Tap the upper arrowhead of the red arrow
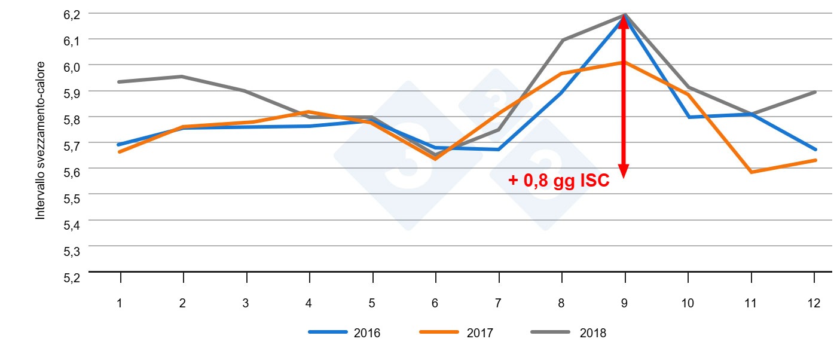[624, 22]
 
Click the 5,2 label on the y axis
[71, 277]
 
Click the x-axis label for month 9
[624, 303]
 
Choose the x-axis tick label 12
[813, 303]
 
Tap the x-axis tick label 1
[120, 303]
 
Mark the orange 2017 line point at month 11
[751, 172]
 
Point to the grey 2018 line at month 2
[182, 77]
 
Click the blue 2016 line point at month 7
[498, 150]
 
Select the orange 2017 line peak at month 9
[624, 62]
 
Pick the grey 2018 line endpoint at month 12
[815, 92]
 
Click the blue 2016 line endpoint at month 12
[815, 150]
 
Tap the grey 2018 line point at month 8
[561, 41]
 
